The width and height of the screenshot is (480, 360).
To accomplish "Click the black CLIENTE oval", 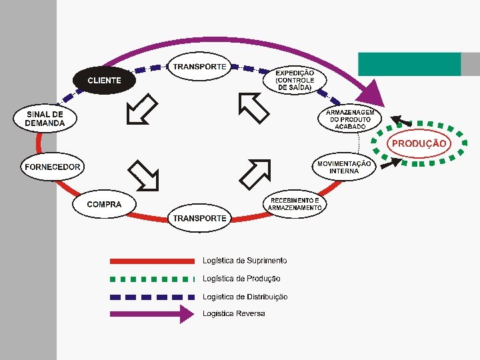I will click(x=104, y=80).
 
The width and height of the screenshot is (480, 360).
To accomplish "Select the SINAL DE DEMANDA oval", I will click(x=45, y=119).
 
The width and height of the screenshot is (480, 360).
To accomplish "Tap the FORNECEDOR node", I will click(x=53, y=167).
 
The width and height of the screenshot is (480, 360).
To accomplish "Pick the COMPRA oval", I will click(x=104, y=204).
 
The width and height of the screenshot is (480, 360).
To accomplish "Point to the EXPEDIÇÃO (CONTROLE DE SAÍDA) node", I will click(x=295, y=79).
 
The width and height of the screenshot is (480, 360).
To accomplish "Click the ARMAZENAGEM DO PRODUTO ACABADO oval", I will click(x=350, y=119).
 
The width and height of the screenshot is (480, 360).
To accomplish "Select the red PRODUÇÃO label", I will click(x=419, y=143).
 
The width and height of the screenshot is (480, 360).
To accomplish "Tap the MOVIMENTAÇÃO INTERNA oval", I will click(x=344, y=167).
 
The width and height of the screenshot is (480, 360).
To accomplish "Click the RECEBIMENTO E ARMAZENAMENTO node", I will click(x=295, y=203).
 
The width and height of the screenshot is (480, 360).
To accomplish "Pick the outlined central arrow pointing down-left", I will click(x=142, y=109).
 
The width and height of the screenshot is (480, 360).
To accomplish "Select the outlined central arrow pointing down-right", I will click(x=144, y=175).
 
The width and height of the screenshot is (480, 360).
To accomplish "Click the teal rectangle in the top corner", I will click(x=409, y=64).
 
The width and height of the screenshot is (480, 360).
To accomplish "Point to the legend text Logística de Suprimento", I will click(x=245, y=260).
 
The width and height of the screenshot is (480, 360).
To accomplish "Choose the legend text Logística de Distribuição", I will click(x=245, y=297).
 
